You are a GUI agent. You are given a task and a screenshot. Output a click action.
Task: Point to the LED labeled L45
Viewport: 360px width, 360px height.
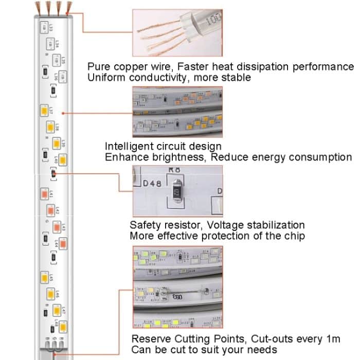pos(44,278)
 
